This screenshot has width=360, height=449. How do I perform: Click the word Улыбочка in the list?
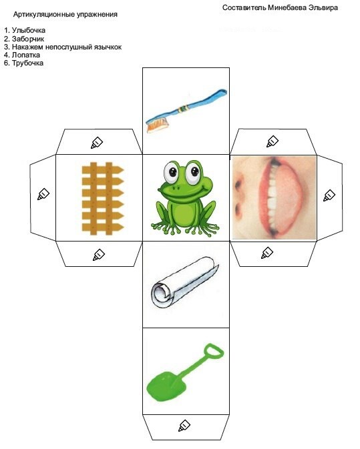29,30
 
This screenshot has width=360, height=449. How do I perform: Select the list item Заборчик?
28,39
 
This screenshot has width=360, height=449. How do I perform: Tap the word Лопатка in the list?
26,55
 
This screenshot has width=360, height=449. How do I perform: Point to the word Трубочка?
27,63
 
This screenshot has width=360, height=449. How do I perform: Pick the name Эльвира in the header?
323,8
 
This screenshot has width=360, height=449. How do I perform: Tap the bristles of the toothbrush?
156,125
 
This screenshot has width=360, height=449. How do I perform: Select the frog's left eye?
172,172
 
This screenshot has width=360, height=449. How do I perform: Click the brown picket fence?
102,199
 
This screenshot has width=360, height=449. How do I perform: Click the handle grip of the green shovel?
214,351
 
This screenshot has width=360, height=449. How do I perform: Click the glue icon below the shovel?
184,426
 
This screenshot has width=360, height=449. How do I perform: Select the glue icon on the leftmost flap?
43,194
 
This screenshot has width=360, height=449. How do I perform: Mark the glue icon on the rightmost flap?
329,195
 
